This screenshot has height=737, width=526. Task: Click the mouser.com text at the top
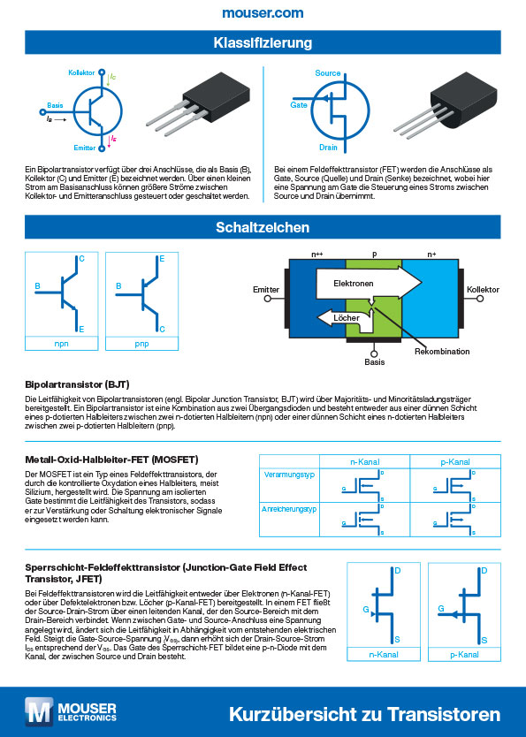coord(263,13)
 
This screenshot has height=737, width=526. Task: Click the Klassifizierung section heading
coord(263,43)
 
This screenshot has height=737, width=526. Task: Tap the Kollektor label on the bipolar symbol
coord(80,72)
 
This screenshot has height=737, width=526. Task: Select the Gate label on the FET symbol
coord(299,104)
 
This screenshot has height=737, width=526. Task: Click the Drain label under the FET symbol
coord(328,148)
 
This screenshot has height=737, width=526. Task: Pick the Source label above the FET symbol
coord(328,72)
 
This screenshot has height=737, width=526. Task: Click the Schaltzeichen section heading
coord(263,227)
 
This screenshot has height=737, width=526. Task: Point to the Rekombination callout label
coord(439,352)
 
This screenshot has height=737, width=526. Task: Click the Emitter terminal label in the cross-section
coord(266,289)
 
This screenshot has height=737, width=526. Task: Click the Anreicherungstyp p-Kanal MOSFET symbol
coord(449,519)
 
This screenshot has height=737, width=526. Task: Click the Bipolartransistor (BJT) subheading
coord(79,385)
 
